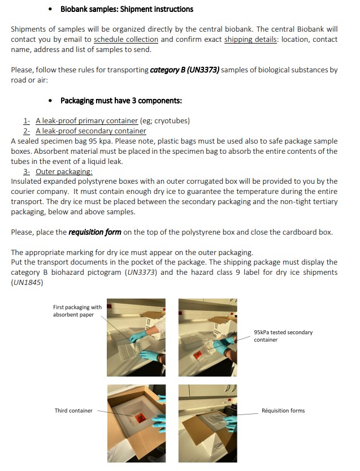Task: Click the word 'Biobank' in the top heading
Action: pos(74,9)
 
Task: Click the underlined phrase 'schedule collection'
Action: pos(126,40)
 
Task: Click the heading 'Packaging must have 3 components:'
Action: pos(121,101)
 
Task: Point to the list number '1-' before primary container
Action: pos(27,121)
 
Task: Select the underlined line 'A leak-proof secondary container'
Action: pos(90,131)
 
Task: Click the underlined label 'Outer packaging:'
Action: pos(64,172)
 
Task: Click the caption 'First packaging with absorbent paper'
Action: pos(77,311)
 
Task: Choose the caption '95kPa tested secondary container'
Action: pos(283,336)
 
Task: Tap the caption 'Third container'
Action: pos(73,410)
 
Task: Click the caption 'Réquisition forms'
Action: pos(283,410)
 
